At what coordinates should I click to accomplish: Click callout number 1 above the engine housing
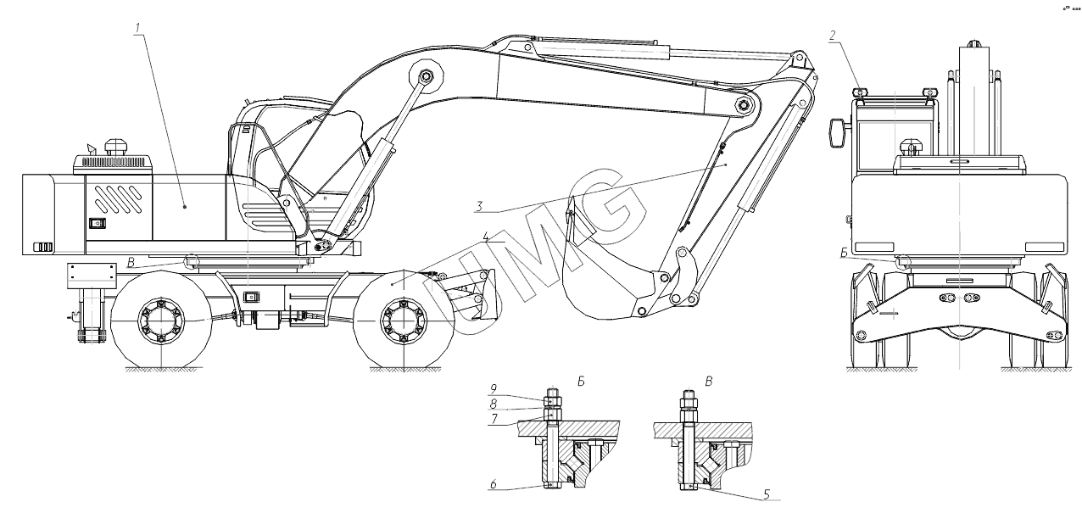(x=137, y=27)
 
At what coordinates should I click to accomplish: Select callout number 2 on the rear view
(x=834, y=35)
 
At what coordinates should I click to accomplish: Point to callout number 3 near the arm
(x=480, y=205)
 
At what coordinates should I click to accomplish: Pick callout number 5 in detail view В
(x=767, y=492)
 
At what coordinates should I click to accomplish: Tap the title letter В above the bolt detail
(x=708, y=382)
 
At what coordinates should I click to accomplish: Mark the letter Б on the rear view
(x=845, y=253)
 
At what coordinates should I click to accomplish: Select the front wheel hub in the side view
(x=399, y=322)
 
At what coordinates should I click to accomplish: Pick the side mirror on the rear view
(x=837, y=132)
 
